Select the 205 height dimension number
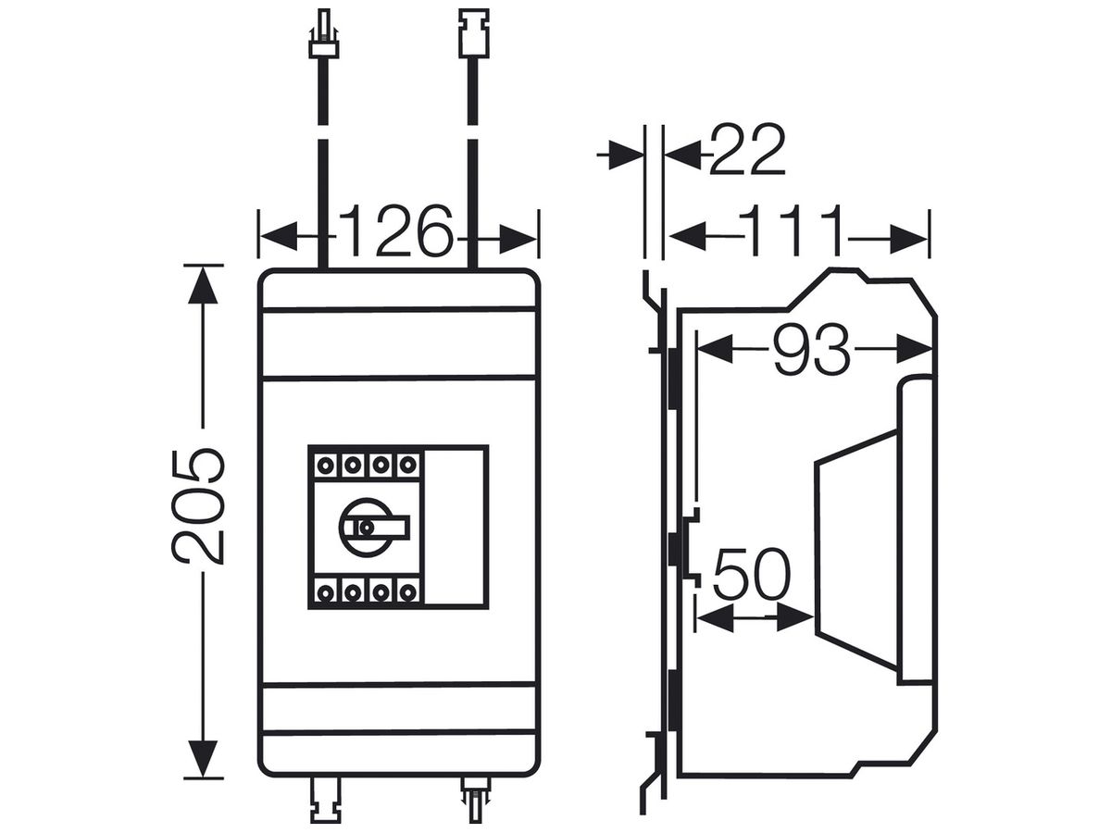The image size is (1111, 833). [197, 505]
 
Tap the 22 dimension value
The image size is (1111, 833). [747, 150]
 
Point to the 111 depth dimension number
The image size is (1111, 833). [790, 230]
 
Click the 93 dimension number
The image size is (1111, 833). [811, 350]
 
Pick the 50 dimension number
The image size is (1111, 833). [751, 575]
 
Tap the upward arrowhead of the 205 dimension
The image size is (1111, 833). [203, 285]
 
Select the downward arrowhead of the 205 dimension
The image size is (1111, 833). [203, 758]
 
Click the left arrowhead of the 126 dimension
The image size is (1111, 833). [279, 236]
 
